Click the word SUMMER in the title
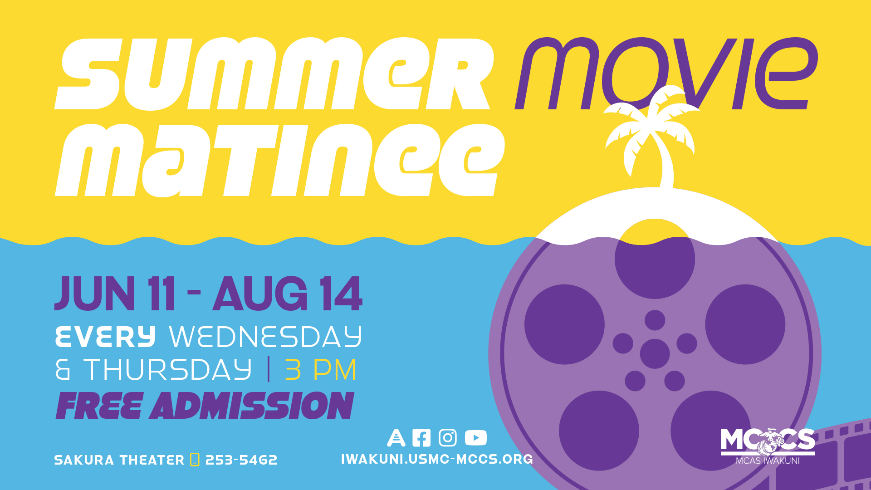coord(274,74)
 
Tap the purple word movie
coord(666,73)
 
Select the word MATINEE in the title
coord(280,160)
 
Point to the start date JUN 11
coord(114,294)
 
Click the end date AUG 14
coord(288,294)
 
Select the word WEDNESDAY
coord(265,337)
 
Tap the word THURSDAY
coord(167,369)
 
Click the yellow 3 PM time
coord(320,369)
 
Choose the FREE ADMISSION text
coord(205,406)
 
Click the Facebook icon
coord(421,438)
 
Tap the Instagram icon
coord(448,438)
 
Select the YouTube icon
coord(476,438)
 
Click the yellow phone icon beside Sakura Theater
coord(195,460)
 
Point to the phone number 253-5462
coord(241,460)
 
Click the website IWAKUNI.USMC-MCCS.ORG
coord(437,459)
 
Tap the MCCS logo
coord(768,446)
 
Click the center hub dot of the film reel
coord(655,353)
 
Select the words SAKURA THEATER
coord(119,460)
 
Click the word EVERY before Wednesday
coord(105,337)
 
